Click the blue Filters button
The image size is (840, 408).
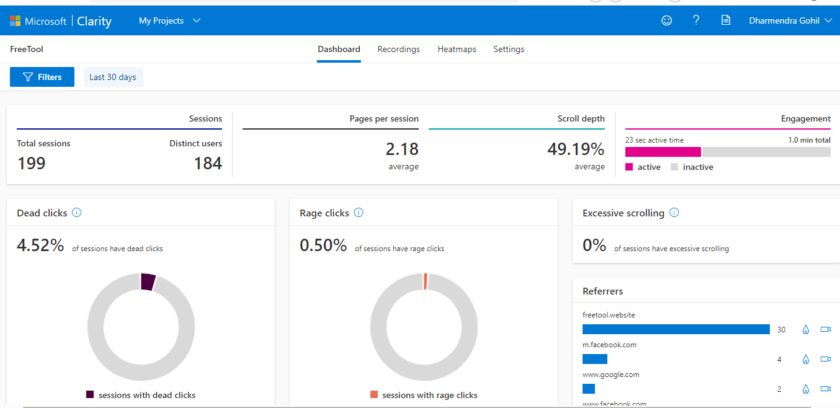point(42,77)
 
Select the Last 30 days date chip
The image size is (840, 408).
point(113,77)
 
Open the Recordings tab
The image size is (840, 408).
point(398,49)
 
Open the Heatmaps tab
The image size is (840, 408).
point(457,49)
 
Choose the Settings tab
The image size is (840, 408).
point(509,49)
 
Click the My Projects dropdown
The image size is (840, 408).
point(169,20)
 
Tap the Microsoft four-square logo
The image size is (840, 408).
point(15,21)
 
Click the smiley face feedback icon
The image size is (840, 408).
point(667,20)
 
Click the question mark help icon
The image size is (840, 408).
point(696,20)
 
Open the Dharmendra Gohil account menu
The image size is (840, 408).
point(790,20)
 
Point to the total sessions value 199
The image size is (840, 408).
point(31,163)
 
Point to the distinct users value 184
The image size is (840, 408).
point(208,163)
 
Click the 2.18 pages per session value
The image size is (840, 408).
point(402,149)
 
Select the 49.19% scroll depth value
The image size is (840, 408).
point(575,149)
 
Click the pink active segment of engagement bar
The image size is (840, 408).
point(663,152)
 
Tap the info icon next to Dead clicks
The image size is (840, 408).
point(77,213)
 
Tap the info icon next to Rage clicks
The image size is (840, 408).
point(359,213)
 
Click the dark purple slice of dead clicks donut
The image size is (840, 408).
point(148,282)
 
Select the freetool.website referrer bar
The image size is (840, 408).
point(676,329)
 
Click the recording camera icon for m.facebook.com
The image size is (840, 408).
point(825,359)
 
